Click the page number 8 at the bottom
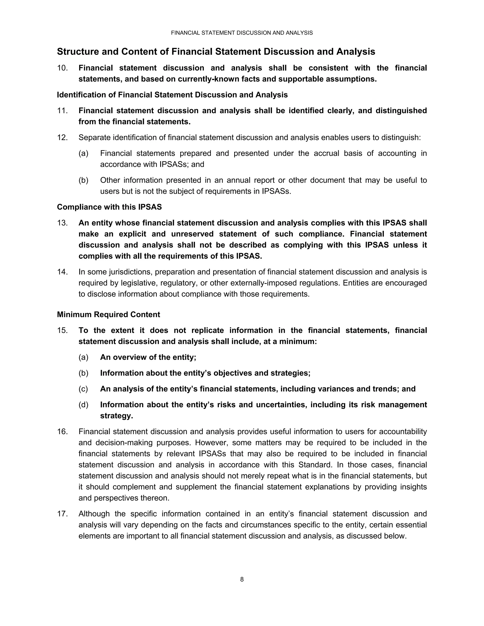242,579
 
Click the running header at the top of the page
242,33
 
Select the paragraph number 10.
62,68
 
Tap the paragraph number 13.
62,223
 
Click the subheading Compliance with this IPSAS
109,207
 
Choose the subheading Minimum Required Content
108,314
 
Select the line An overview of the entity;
148,357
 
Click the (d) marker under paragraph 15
83,404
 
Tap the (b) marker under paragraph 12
83,180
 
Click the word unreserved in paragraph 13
192,234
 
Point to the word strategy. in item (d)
117,416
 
